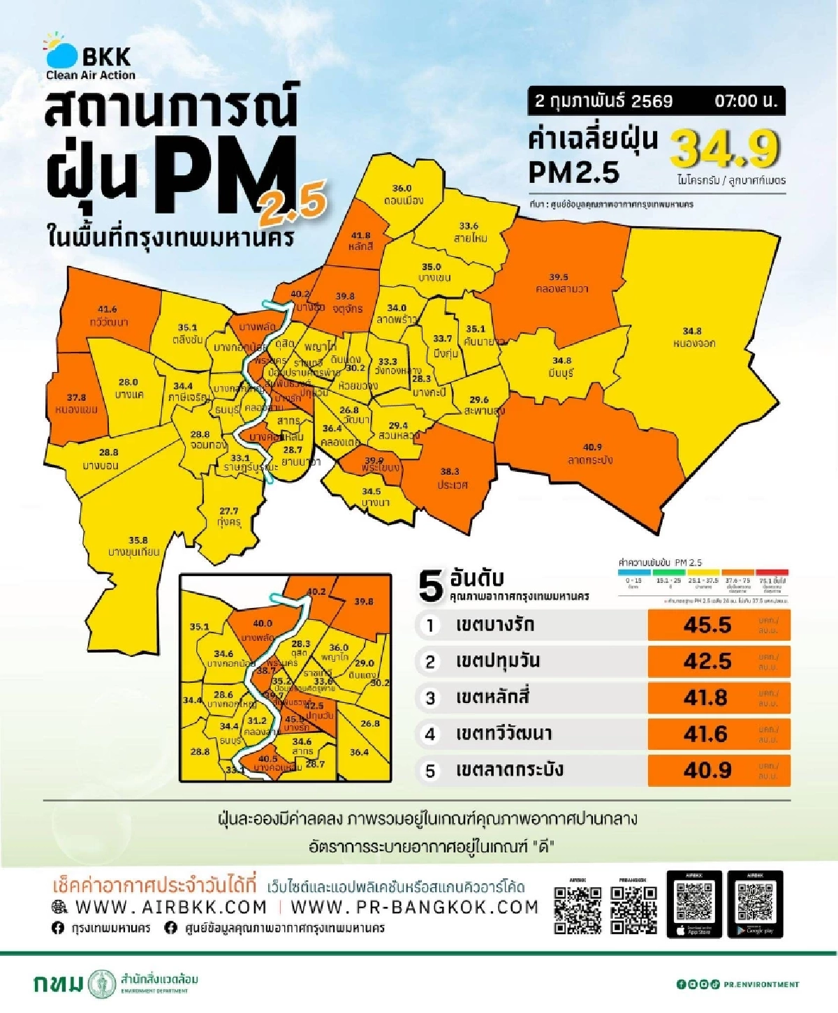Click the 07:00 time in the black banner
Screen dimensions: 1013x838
coord(745,101)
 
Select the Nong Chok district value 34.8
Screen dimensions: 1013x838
coord(692,331)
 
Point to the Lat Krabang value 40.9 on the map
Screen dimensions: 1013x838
coord(592,447)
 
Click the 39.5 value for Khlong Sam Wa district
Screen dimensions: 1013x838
coord(558,277)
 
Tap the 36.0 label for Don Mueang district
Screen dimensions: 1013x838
coord(402,188)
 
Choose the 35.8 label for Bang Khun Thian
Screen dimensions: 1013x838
coord(138,540)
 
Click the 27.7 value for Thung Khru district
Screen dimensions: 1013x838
coord(228,511)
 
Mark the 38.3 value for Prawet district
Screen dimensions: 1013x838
coord(450,471)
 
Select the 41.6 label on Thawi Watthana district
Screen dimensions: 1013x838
coord(107,309)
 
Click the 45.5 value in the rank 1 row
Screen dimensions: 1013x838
coord(707,625)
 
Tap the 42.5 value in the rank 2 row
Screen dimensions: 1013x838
coord(707,661)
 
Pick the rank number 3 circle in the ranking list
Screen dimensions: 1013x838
coord(430,698)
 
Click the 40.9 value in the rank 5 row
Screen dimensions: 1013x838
coord(707,770)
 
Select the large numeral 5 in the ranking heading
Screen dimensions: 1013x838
coord(431,586)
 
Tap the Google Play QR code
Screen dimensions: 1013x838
coord(755,902)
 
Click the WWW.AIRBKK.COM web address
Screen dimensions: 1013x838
coord(170,907)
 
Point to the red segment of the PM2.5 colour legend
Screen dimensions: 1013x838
coord(772,572)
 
